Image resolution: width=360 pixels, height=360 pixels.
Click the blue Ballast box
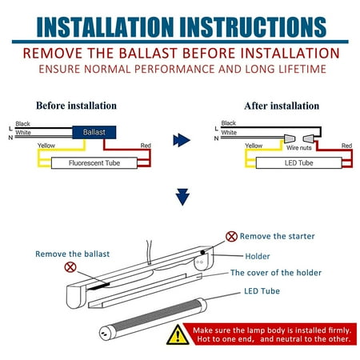(x=94, y=132)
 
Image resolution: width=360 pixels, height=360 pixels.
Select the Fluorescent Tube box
(x=94, y=163)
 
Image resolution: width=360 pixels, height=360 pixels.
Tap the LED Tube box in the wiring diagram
(x=298, y=163)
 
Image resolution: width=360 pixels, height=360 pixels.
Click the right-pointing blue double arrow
(x=182, y=140)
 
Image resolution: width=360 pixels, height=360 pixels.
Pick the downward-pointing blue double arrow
(x=182, y=197)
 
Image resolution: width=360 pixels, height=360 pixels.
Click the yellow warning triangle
(x=178, y=334)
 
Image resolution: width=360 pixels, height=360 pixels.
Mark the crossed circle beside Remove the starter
(x=231, y=237)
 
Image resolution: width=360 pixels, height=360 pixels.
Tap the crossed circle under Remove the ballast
(x=70, y=267)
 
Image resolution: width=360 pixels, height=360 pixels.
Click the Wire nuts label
(x=299, y=148)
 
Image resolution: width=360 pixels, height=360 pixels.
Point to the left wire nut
(x=290, y=138)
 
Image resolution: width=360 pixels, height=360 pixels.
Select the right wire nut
(x=309, y=138)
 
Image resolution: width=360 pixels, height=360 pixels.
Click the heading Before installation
(x=76, y=106)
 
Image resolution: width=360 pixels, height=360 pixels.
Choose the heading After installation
(x=282, y=106)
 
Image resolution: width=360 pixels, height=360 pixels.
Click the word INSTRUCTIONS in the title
(x=253, y=27)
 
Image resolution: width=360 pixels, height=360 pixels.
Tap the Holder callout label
(x=258, y=256)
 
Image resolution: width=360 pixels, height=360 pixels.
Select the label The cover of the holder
(x=276, y=273)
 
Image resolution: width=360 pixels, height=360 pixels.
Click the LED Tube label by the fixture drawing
(x=262, y=291)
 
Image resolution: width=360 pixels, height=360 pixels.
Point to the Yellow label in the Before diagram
(x=46, y=146)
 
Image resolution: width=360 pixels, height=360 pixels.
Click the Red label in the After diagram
(x=346, y=146)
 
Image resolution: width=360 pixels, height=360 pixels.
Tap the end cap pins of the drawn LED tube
(x=103, y=333)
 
